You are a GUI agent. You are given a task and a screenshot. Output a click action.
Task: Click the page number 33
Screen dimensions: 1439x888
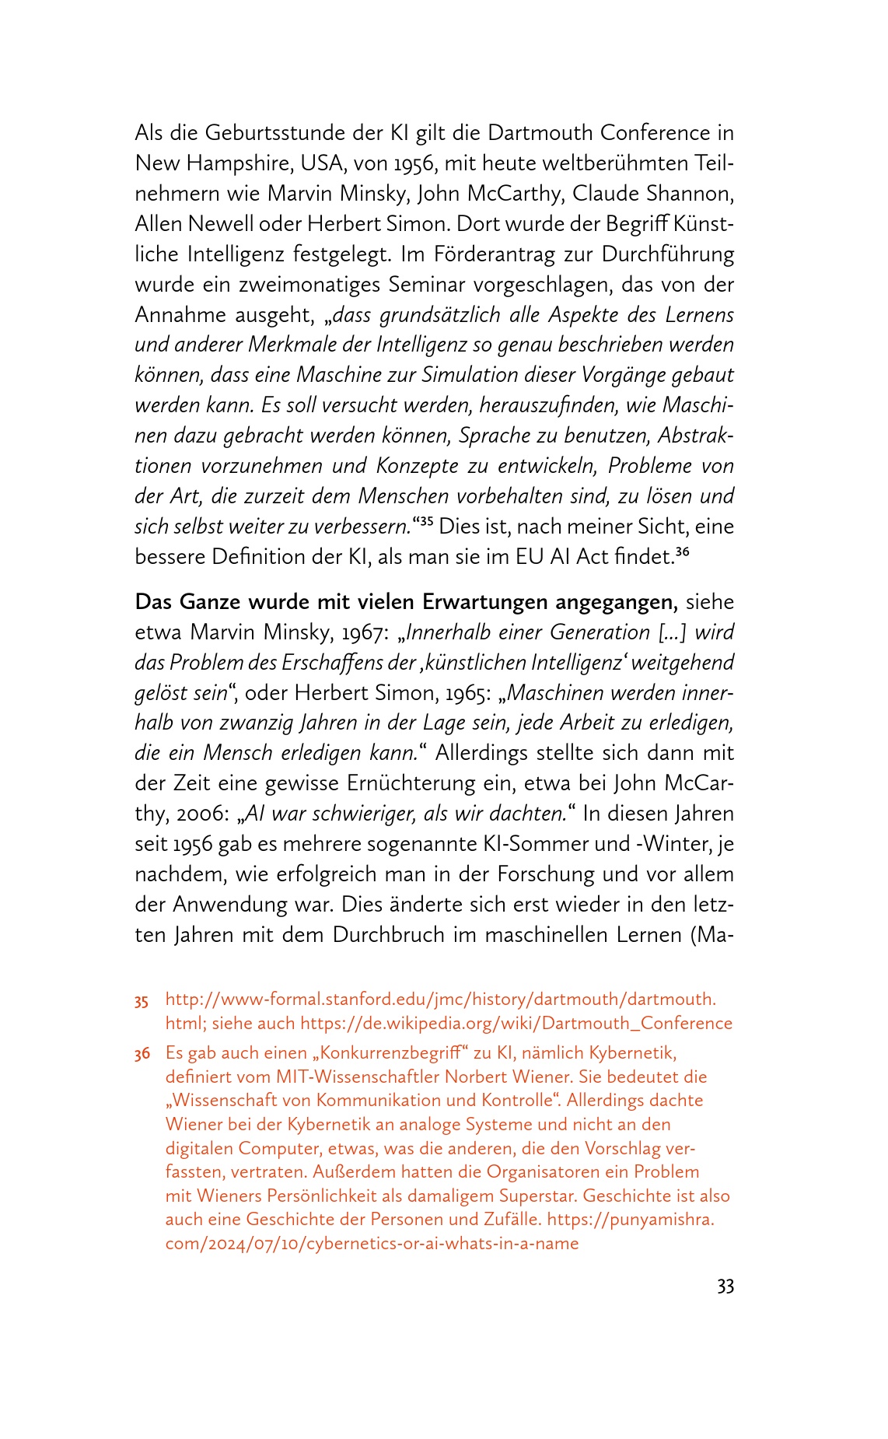[725, 1287]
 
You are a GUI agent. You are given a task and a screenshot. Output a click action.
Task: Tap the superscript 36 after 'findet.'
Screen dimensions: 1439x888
[682, 552]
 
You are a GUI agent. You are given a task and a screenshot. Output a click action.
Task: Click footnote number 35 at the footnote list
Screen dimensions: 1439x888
[141, 1000]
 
